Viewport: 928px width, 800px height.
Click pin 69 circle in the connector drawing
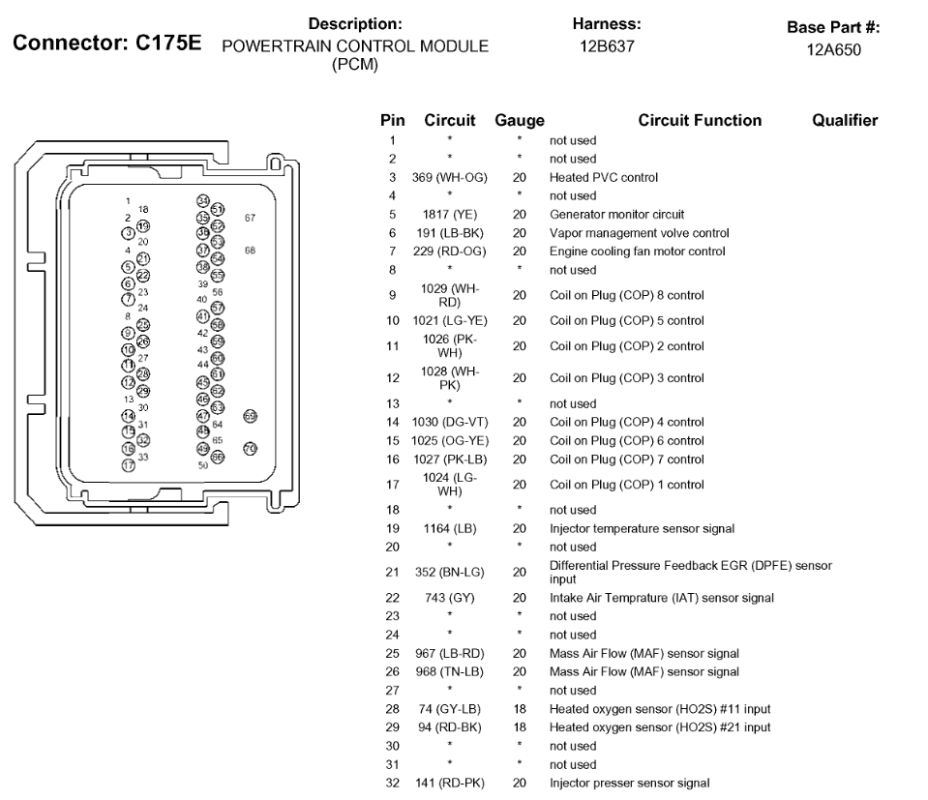coord(251,415)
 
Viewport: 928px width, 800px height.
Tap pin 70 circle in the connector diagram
coord(250,449)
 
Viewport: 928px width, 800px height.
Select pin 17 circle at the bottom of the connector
coord(128,466)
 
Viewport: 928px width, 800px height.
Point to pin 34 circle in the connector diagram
coord(203,200)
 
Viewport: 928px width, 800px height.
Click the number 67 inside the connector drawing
coord(250,218)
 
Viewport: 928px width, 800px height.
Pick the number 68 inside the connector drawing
coord(250,251)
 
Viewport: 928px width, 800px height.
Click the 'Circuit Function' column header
coord(700,121)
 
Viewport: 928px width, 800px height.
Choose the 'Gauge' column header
coord(520,121)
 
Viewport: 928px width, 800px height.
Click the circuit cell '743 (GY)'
coord(449,598)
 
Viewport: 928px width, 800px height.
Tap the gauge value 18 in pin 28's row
coord(520,709)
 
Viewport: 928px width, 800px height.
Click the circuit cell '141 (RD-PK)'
coord(449,783)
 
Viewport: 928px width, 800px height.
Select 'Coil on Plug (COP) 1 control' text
coord(626,485)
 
